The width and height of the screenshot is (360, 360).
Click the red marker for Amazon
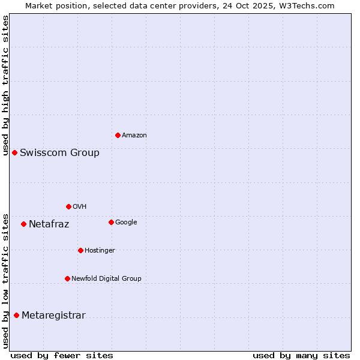tap(118, 135)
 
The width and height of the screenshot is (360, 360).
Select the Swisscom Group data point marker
tap(14, 152)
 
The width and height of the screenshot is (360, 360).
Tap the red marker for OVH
tap(68, 206)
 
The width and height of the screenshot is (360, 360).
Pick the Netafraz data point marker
tap(23, 224)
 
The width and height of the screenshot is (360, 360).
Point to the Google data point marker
tap(111, 222)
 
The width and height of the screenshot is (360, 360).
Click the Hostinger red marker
tap(80, 250)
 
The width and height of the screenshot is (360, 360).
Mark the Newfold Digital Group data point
tap(67, 278)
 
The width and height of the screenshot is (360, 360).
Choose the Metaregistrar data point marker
tap(16, 315)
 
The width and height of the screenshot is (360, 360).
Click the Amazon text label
tap(134, 135)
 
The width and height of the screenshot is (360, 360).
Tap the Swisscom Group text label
tap(59, 152)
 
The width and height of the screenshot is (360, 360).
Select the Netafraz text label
tap(49, 224)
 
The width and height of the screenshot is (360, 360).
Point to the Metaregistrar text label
tap(53, 316)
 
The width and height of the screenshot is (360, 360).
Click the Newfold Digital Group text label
tap(106, 278)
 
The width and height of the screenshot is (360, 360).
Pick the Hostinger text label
tap(100, 250)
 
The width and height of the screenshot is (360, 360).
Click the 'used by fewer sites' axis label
tap(62, 355)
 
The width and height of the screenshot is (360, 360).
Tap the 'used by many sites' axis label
tap(301, 355)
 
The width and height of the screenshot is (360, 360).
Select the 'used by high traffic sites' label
tap(5, 85)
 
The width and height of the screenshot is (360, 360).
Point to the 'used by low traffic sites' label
tap(5, 281)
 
